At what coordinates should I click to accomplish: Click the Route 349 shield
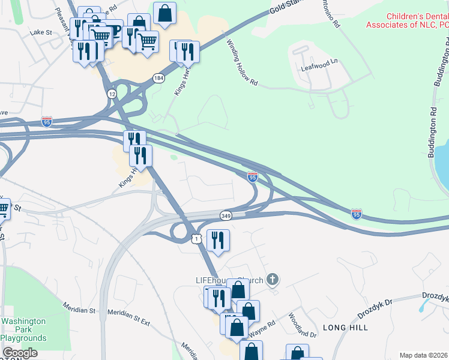(x=226, y=215)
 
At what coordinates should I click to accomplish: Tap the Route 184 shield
(x=158, y=79)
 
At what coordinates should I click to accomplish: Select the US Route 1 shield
(x=196, y=239)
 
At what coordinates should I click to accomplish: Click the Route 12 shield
(x=112, y=94)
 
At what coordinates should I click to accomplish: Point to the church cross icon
(x=273, y=279)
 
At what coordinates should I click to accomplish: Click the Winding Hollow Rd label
(x=242, y=63)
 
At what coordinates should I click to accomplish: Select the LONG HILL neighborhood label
(x=345, y=328)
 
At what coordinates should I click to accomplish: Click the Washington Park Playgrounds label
(x=23, y=329)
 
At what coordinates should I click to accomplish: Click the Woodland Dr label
(x=302, y=325)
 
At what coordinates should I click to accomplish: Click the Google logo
(x=20, y=353)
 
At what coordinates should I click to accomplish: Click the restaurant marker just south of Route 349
(x=218, y=241)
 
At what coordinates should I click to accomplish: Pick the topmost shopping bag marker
(x=164, y=13)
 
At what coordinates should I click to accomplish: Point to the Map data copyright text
(x=423, y=355)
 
